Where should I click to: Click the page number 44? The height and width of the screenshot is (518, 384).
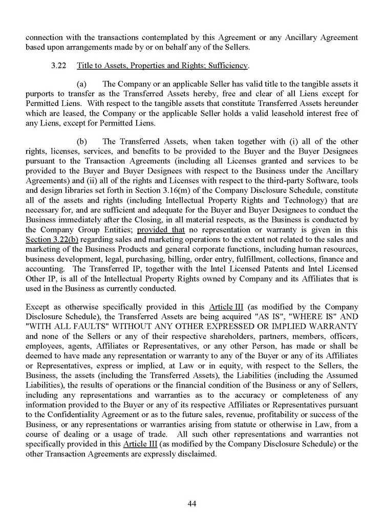192,504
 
